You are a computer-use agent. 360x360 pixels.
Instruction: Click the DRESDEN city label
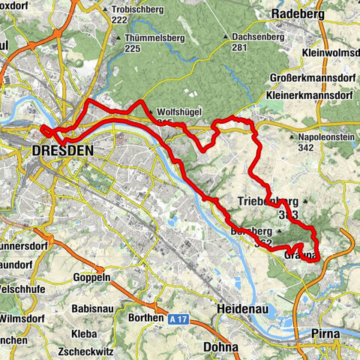click(x=63, y=151)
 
